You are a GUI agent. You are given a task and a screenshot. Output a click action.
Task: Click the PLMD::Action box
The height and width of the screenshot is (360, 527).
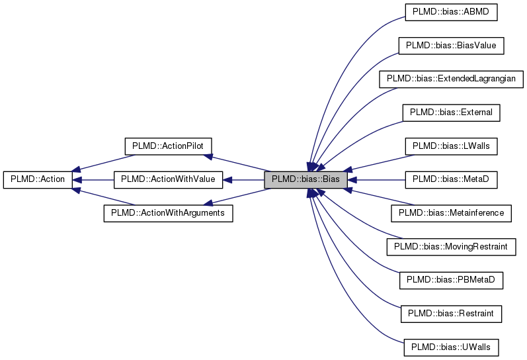pos(37,179)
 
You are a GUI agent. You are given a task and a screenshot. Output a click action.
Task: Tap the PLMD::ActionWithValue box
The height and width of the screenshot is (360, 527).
pos(168,179)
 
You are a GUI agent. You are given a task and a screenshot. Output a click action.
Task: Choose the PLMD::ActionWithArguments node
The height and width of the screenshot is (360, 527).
pos(168,213)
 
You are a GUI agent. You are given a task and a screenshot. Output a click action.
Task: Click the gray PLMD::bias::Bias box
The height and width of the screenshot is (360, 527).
pos(305,179)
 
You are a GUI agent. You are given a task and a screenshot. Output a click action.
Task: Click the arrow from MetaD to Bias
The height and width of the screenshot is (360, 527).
pos(377,179)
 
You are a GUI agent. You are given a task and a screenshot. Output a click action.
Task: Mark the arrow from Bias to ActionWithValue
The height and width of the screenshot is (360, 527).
pos(245,179)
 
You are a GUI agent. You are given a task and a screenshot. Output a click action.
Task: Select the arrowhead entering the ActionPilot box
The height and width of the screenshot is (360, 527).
pos(208,156)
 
